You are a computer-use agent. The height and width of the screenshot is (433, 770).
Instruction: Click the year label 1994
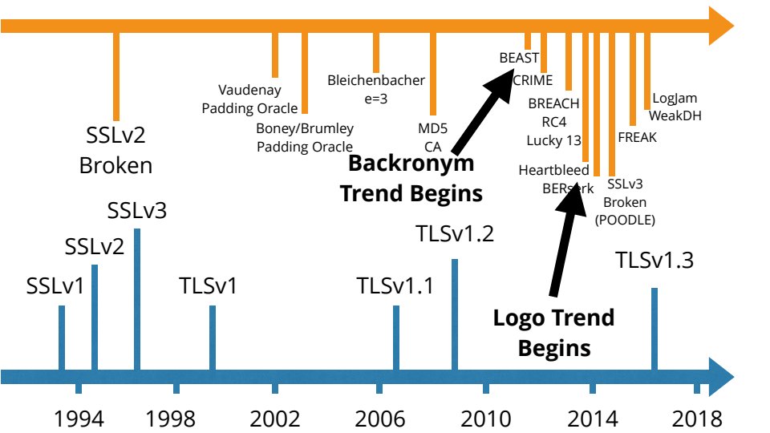click(79, 419)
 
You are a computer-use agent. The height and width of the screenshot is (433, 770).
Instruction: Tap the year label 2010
click(486, 419)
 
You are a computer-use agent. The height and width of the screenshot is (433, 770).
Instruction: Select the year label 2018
click(696, 419)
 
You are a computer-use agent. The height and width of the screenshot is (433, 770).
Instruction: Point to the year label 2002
click(275, 419)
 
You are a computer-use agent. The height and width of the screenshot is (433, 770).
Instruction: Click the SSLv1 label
click(55, 285)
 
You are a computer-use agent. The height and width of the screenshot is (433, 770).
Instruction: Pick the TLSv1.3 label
click(654, 261)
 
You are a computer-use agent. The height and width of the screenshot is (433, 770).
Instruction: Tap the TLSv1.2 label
click(455, 235)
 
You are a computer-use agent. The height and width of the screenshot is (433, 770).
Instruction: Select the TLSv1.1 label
click(395, 285)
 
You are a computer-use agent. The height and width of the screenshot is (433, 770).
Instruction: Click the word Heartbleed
click(553, 170)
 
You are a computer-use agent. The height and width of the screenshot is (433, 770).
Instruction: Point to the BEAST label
click(519, 59)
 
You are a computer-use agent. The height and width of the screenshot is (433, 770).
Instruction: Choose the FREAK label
click(638, 137)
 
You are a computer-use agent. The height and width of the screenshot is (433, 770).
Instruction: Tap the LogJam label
click(675, 99)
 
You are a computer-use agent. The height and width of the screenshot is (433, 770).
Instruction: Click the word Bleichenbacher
click(376, 80)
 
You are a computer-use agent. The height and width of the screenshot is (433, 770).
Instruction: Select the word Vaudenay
click(249, 90)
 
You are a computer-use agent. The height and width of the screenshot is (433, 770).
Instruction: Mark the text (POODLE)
click(625, 219)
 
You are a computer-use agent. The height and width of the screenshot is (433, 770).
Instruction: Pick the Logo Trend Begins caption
click(553, 333)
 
